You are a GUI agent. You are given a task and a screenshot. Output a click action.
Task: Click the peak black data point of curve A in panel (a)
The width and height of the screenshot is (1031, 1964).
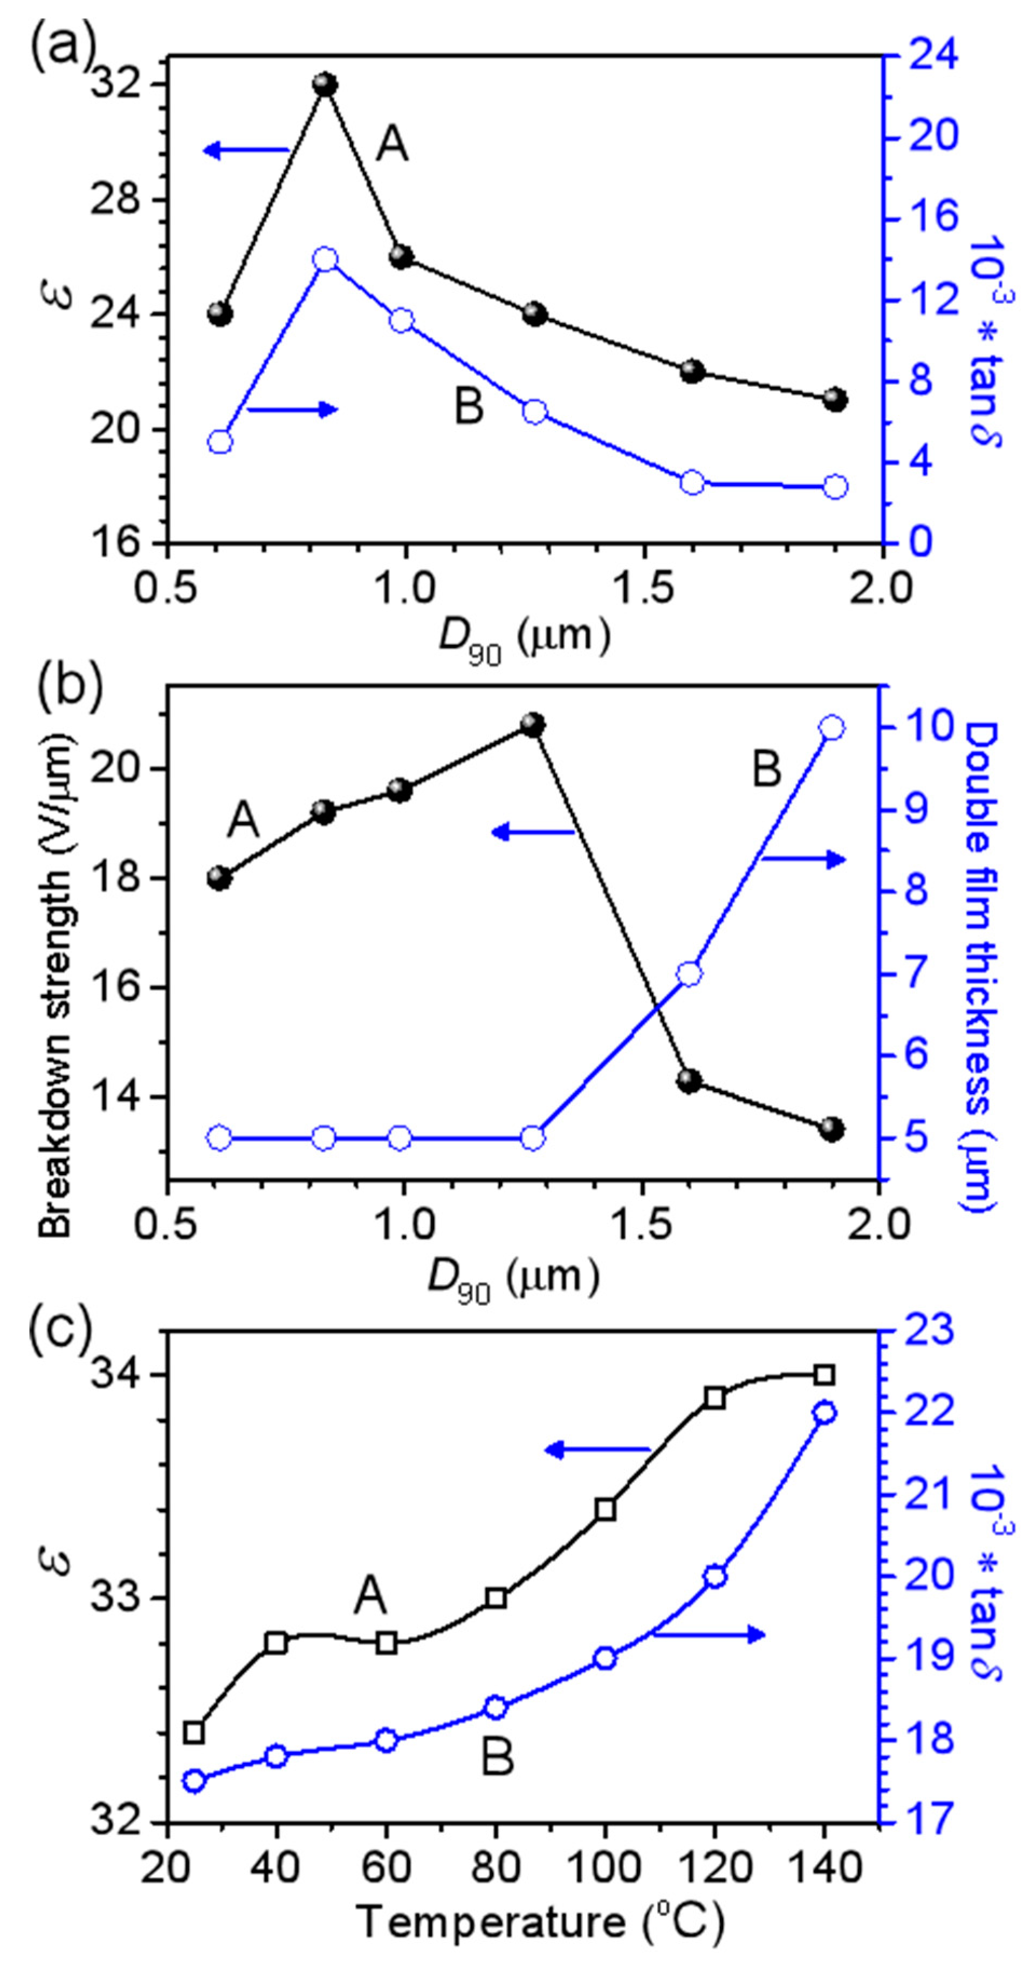[325, 84]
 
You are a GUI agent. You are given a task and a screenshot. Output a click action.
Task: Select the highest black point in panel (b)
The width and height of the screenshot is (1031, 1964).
[533, 724]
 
